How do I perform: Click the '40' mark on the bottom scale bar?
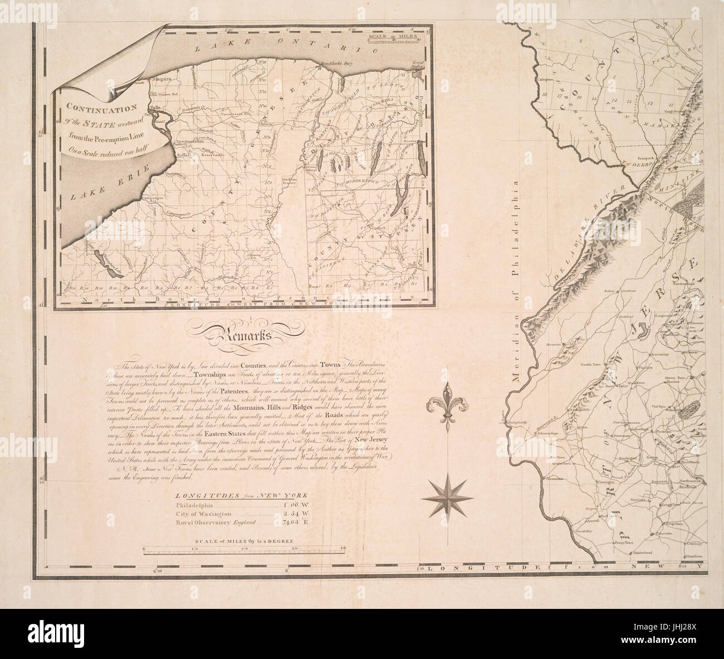pyautogui.click(x=344, y=550)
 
